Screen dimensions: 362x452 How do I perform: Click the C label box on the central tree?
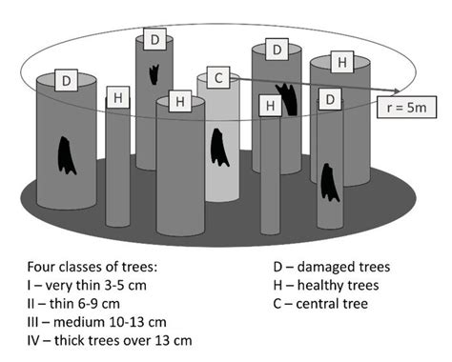coord(218,77)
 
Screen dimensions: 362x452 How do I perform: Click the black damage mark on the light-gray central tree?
coord(220,146)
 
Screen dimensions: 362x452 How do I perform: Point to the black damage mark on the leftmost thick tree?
coord(66,152)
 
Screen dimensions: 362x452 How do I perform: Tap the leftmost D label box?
coord(65,80)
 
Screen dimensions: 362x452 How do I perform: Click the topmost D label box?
coord(154,40)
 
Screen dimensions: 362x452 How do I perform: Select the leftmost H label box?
coord(118,97)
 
